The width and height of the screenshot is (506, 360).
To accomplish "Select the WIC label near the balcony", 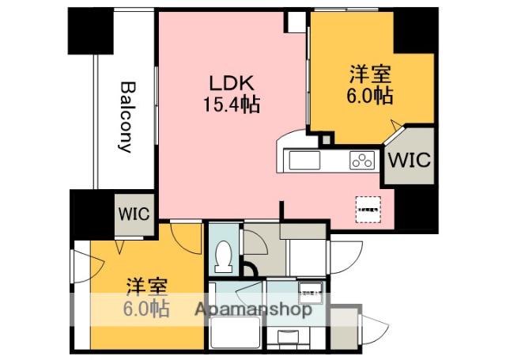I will pos(134,214).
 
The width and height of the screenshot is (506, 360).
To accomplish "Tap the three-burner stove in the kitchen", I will pos(362,160).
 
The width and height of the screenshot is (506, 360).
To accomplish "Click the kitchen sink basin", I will pos(304,160).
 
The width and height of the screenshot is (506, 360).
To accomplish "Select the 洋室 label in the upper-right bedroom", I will pos(371,76).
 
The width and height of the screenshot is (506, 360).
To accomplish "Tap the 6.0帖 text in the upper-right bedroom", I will pos(371,97).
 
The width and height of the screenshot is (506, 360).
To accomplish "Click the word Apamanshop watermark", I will pos(251,309).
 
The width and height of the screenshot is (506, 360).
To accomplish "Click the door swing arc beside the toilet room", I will pos(255,239).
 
